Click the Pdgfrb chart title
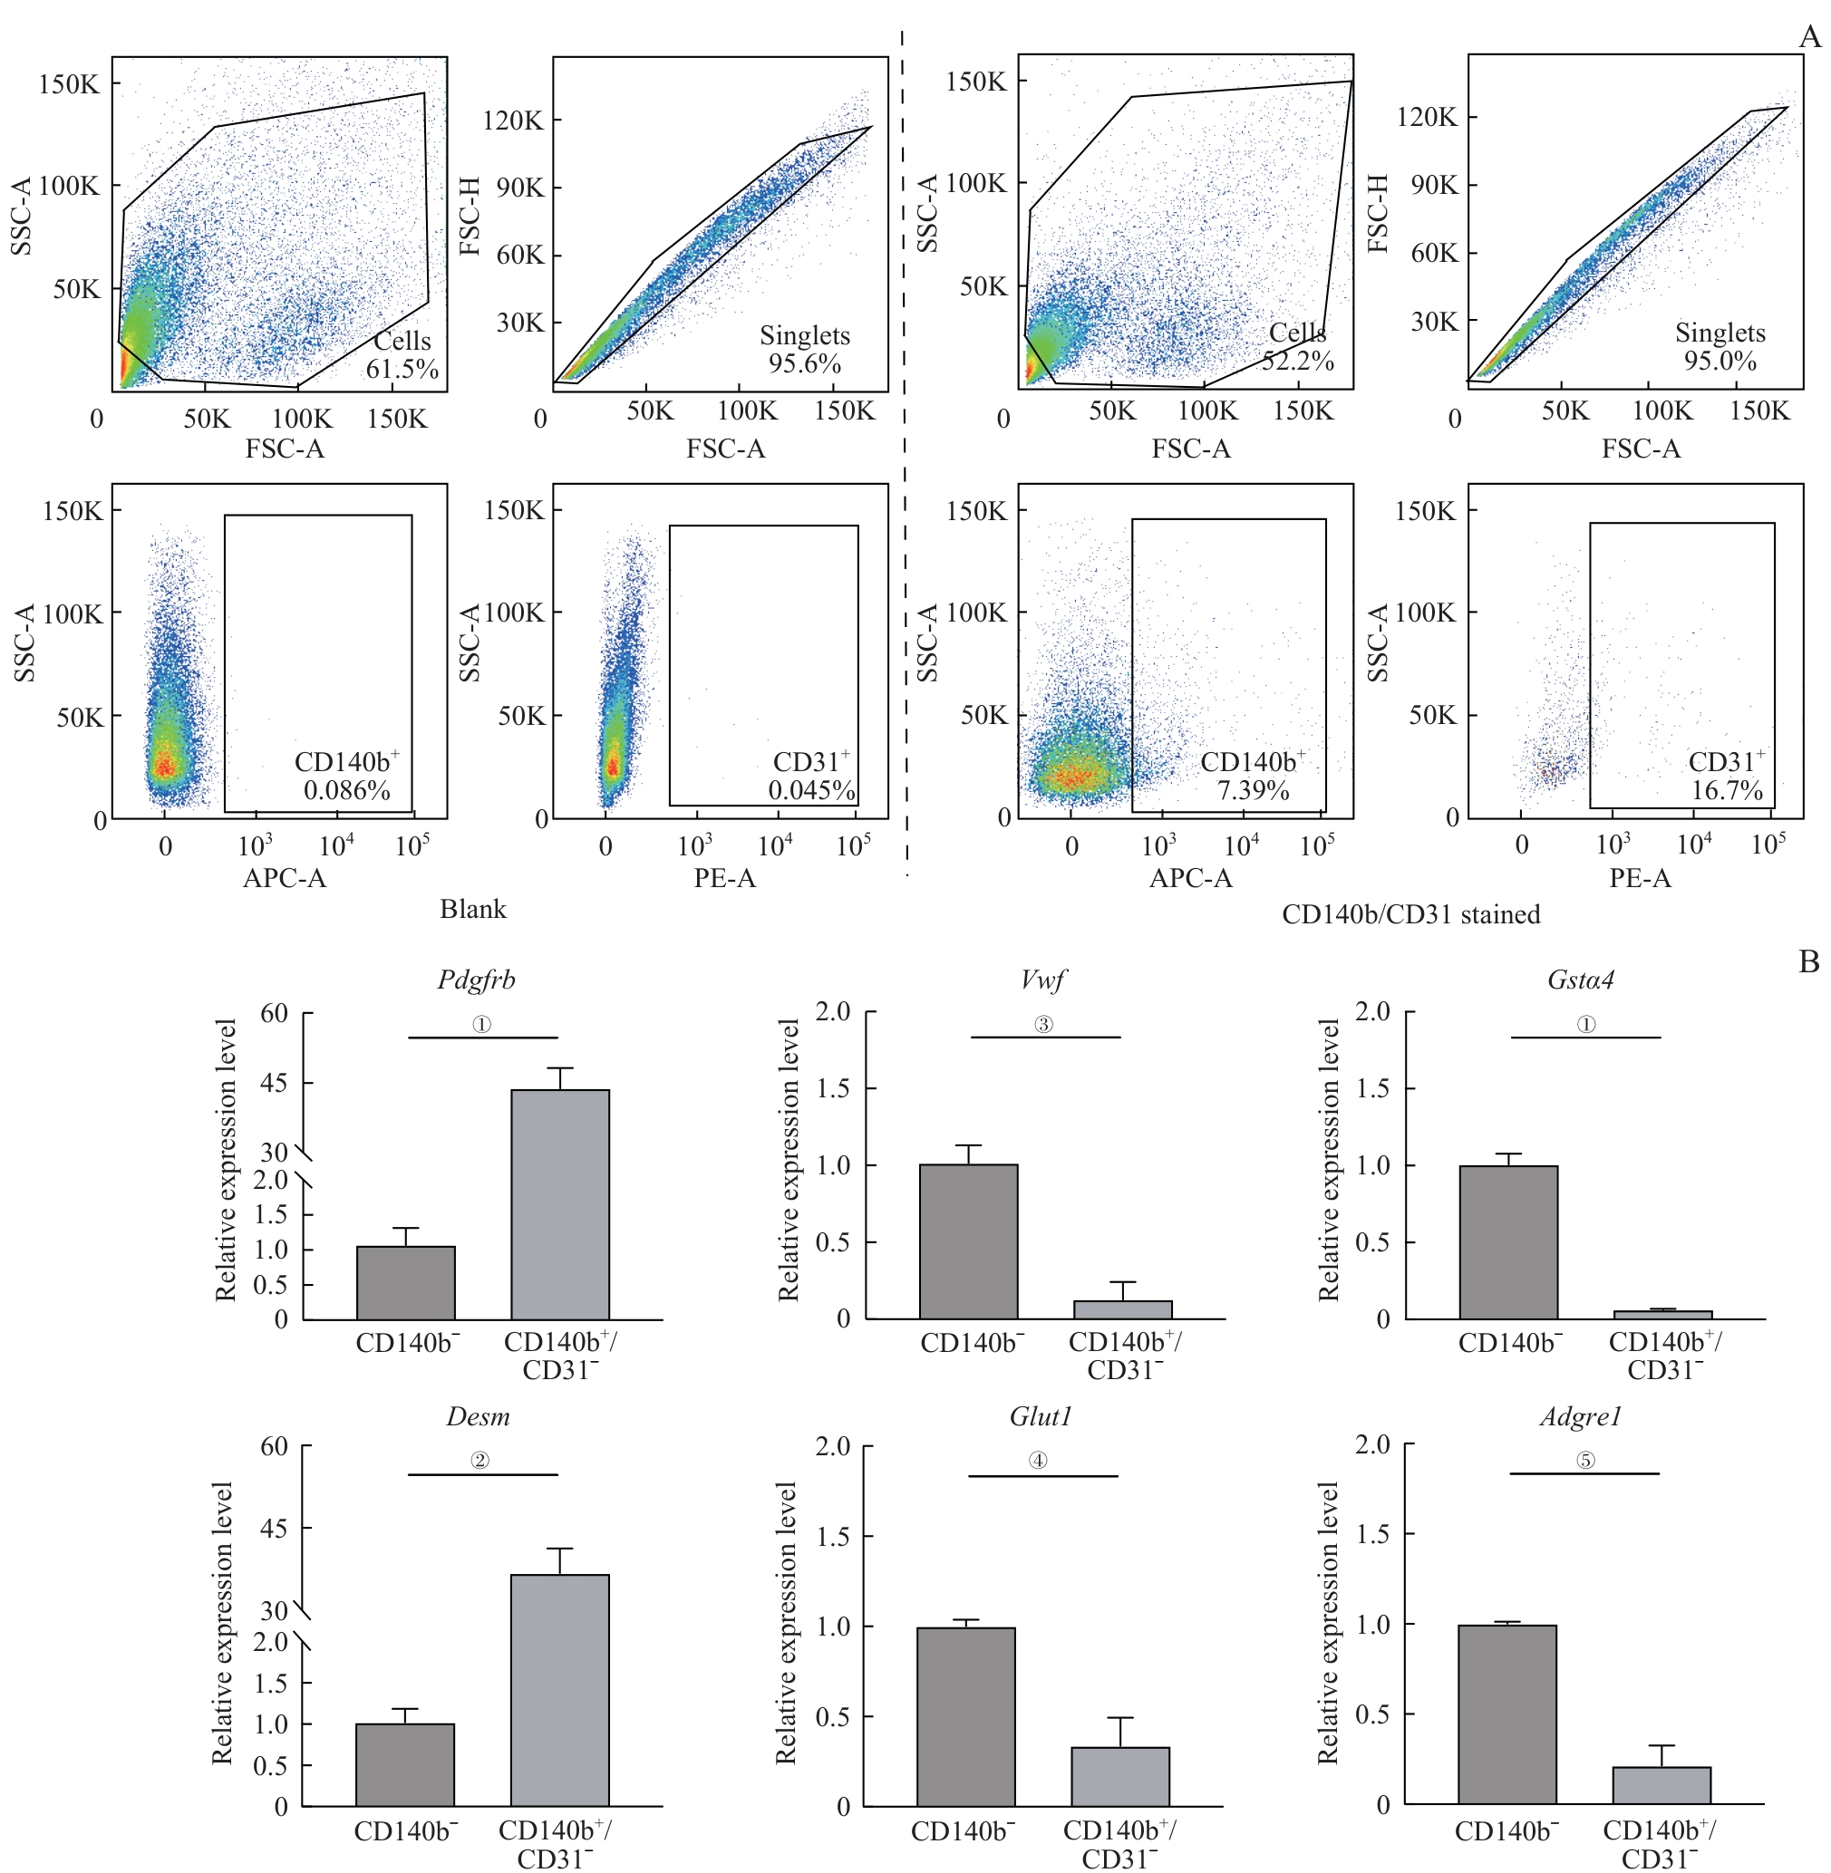coord(476,980)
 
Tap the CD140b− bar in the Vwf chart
coord(968,1241)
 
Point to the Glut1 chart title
coord(1041,1416)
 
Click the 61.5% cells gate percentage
coord(402,369)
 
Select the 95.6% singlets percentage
coord(804,364)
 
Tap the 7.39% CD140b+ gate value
coord(1253,790)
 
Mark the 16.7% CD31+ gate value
coord(1727,790)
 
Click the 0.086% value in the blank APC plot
coord(346,790)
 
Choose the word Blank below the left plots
coord(473,910)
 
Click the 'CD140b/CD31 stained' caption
coord(1410,914)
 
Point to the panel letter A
coord(1809,37)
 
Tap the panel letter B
coord(1809,961)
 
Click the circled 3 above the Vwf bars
coord(1043,1025)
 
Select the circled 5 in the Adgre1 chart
coord(1584,1461)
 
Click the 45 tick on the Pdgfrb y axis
coord(274,1083)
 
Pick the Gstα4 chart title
coord(1581,980)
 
